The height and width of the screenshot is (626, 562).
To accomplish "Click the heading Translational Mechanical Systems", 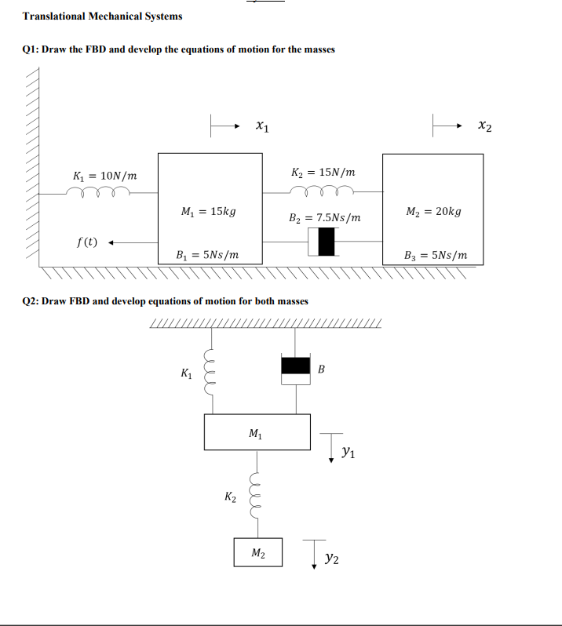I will (103, 16).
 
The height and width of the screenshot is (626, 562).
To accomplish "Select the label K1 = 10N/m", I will (104, 175).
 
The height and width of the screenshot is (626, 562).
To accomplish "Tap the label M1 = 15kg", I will (208, 212).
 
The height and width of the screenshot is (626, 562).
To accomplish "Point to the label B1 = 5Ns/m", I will (209, 255).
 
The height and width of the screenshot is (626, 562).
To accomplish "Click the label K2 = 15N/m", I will (323, 173).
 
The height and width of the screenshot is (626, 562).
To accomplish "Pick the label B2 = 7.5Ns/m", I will (326, 217).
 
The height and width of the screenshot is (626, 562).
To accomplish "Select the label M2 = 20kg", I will (433, 212).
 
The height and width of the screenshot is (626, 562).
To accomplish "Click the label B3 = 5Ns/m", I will (436, 255).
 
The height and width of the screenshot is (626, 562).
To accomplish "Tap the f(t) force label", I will (87, 242).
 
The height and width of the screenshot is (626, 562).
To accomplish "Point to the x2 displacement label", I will (487, 125).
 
